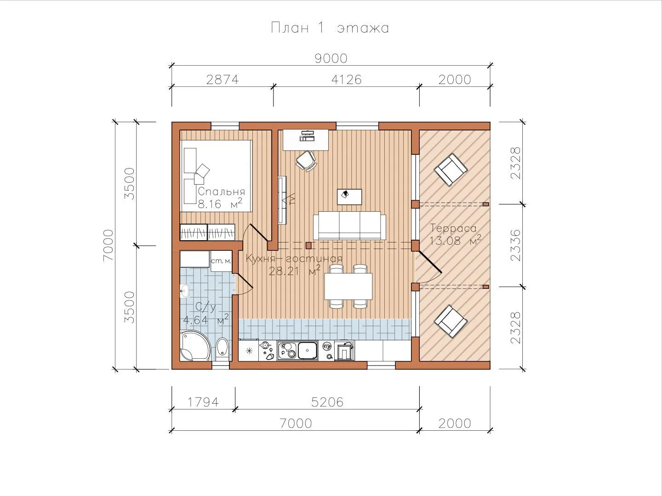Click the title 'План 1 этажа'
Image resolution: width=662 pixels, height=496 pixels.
(330, 28)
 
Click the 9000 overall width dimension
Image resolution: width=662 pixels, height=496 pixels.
(331, 58)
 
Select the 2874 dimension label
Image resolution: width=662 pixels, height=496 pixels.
(223, 80)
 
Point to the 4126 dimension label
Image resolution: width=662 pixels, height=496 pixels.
(346, 80)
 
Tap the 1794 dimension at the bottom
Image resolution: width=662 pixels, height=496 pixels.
(203, 402)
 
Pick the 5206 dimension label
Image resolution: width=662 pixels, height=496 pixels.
(327, 402)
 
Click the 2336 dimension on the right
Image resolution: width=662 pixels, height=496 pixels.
(515, 245)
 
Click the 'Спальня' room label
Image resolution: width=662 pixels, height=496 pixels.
(222, 192)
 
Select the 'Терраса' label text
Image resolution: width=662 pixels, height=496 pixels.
(453, 228)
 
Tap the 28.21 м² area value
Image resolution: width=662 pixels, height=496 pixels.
(294, 271)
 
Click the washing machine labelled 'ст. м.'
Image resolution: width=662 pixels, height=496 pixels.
(221, 261)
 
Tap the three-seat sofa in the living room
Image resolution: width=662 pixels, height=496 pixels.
(349, 225)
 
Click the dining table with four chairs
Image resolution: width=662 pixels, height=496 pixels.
(348, 286)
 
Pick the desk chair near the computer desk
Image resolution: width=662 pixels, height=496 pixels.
(306, 161)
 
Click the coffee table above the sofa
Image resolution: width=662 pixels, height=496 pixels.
(349, 197)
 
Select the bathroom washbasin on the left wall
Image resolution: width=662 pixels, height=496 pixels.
(184, 291)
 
